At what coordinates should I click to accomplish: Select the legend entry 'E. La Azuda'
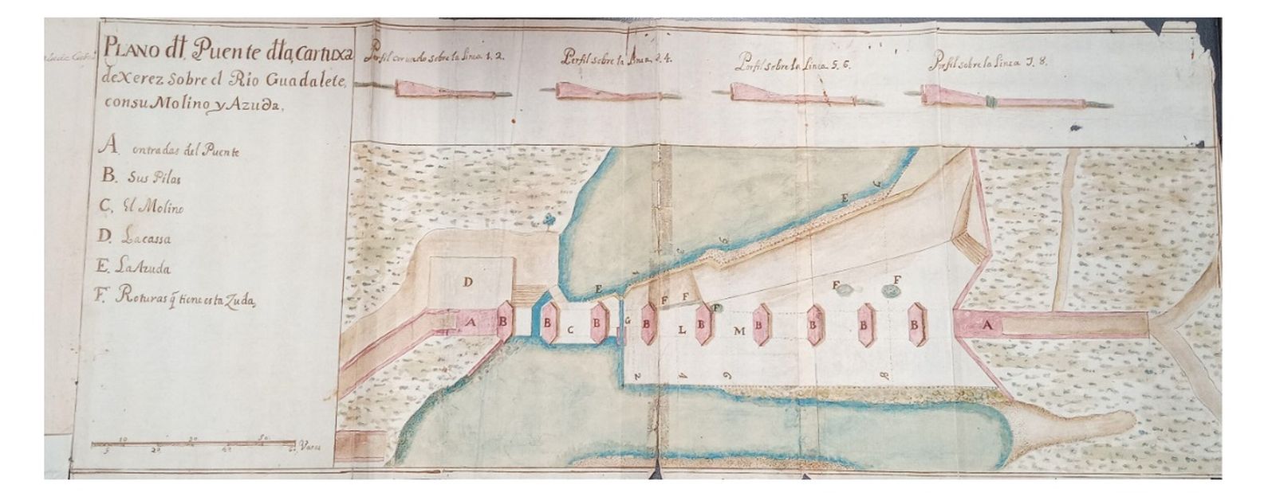[135, 269]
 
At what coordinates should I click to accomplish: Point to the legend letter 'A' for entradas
[110, 145]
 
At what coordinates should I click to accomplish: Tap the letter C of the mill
[571, 328]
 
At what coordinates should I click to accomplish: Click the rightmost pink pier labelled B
[917, 326]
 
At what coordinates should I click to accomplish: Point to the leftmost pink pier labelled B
[503, 323]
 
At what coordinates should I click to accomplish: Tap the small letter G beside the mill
[628, 322]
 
